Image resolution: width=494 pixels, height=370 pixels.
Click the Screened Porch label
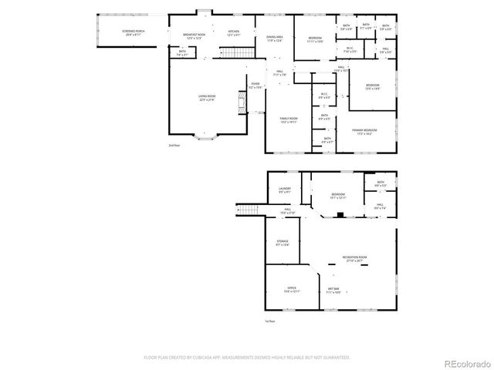133,32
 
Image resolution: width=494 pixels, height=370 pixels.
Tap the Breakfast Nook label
194,36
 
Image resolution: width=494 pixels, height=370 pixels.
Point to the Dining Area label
275,39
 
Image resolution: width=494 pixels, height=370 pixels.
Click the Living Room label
207,98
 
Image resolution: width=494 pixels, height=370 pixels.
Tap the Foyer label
255,86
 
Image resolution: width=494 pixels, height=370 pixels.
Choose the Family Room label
289,120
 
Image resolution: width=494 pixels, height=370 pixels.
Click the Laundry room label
284,191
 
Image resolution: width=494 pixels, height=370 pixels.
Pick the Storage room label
283,243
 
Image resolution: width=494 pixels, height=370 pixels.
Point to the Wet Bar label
333,291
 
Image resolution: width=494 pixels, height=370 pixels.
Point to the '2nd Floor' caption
174,145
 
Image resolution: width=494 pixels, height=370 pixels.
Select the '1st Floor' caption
270,321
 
